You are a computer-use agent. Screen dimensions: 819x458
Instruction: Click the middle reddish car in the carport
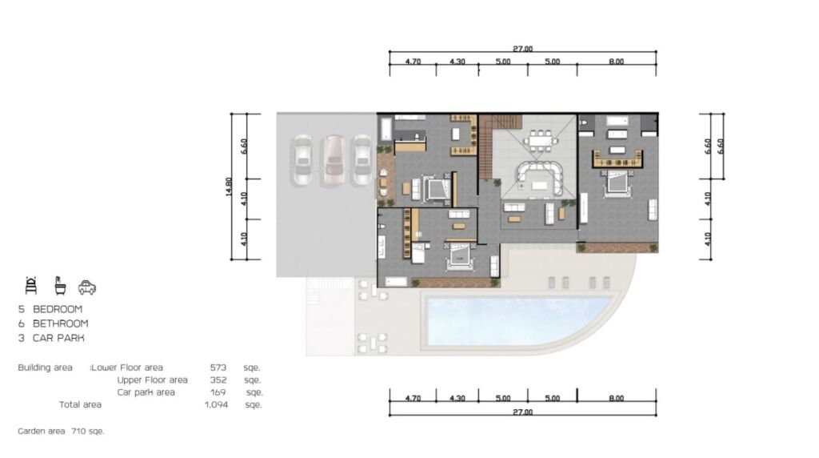pyautogui.click(x=332, y=161)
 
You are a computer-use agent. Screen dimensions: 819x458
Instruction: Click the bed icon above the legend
pyautogui.click(x=31, y=286)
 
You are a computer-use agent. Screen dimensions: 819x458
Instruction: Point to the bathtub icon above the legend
pyautogui.click(x=61, y=286)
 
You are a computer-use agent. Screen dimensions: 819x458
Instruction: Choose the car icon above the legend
pyautogui.click(x=87, y=287)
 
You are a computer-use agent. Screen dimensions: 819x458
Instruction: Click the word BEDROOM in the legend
pyautogui.click(x=58, y=309)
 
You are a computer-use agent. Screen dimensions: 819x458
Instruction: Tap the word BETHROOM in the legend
pyautogui.click(x=61, y=323)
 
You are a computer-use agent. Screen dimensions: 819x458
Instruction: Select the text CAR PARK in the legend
pyautogui.click(x=58, y=338)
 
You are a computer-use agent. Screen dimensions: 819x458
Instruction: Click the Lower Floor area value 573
pyautogui.click(x=218, y=368)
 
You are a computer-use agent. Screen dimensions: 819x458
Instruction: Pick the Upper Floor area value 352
pyautogui.click(x=218, y=380)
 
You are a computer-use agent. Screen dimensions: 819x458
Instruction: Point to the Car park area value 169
pyautogui.click(x=218, y=392)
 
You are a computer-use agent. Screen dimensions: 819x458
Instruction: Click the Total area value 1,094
pyautogui.click(x=216, y=404)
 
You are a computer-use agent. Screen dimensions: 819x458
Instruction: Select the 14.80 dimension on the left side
pyautogui.click(x=229, y=187)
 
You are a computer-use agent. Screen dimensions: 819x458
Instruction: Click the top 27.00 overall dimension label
pyautogui.click(x=522, y=49)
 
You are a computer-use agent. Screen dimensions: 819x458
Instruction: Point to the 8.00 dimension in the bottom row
pyautogui.click(x=617, y=399)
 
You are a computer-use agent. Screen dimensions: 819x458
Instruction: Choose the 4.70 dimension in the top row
pyautogui.click(x=413, y=62)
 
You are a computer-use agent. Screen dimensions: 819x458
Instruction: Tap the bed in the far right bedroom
pyautogui.click(x=617, y=184)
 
